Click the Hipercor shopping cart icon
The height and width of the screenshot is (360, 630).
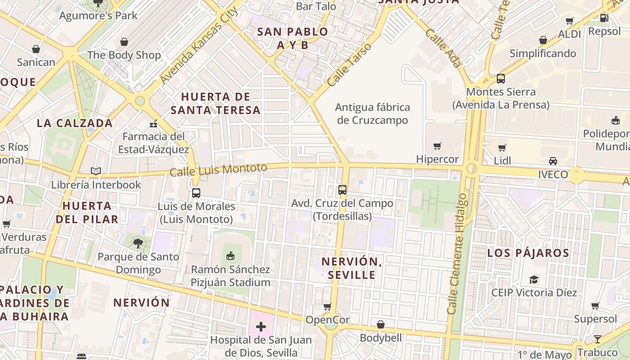point(437,146)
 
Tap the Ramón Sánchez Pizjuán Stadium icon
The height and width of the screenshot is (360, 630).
point(230,256)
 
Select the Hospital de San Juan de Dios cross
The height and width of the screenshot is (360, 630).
point(261,326)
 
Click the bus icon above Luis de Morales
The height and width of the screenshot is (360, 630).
point(196,193)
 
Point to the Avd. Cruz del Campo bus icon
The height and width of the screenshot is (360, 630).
point(342,190)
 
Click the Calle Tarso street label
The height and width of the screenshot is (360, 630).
point(349,65)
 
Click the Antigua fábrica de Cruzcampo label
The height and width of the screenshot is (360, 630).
point(373,114)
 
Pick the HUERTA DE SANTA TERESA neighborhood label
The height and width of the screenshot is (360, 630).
point(216,103)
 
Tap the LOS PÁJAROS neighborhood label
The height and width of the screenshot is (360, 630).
point(528,253)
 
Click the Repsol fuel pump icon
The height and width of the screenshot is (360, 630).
point(604,18)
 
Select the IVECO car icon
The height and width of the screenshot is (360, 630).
point(553,161)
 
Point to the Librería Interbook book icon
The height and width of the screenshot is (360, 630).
point(96,171)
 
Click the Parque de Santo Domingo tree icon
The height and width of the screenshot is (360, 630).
point(138,243)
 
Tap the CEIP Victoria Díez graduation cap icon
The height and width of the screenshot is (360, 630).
point(534,279)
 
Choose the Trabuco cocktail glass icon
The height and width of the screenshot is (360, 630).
point(597,339)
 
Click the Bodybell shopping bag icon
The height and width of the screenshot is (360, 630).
point(381,324)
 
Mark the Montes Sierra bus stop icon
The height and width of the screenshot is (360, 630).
point(501,79)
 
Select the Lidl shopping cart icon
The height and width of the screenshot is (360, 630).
point(502,148)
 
